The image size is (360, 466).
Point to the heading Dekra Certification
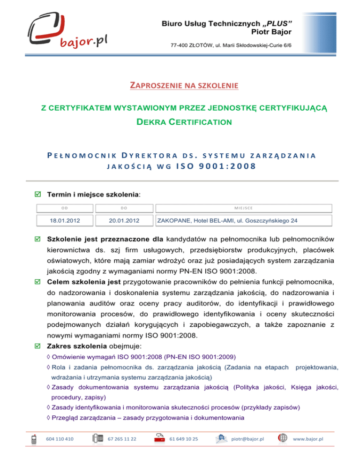point(180,122)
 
